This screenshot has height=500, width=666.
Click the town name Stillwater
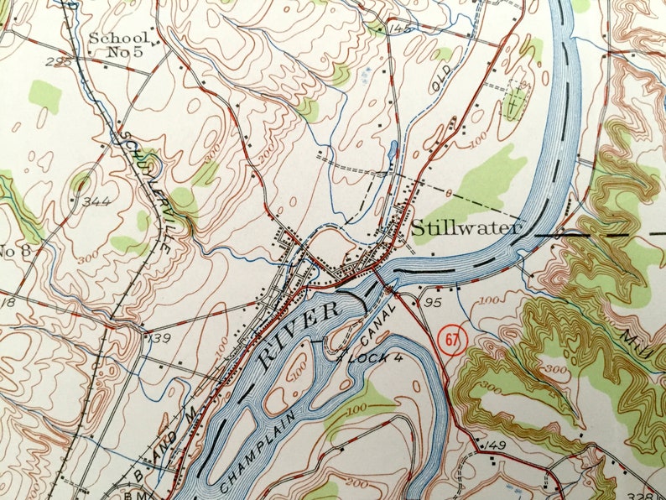(466, 227)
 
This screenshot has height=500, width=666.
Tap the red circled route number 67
(453, 339)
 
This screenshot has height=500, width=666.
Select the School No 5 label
(120, 45)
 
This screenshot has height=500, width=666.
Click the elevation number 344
(98, 201)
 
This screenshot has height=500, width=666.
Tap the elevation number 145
(402, 29)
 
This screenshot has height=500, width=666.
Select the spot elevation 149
(496, 445)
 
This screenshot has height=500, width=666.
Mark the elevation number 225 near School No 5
(57, 61)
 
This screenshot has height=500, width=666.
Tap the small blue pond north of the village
(393, 153)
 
